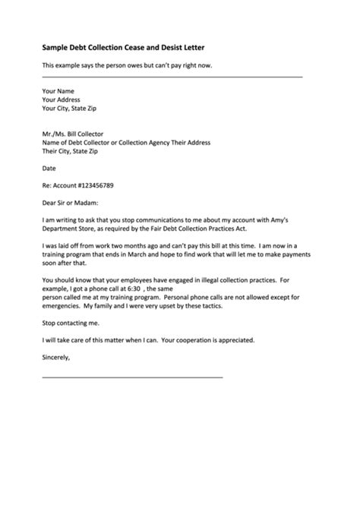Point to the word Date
click(49, 168)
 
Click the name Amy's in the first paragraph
click(289, 219)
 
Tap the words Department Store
click(71, 228)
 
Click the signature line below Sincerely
click(133, 377)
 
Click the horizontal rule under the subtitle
click(172, 77)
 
